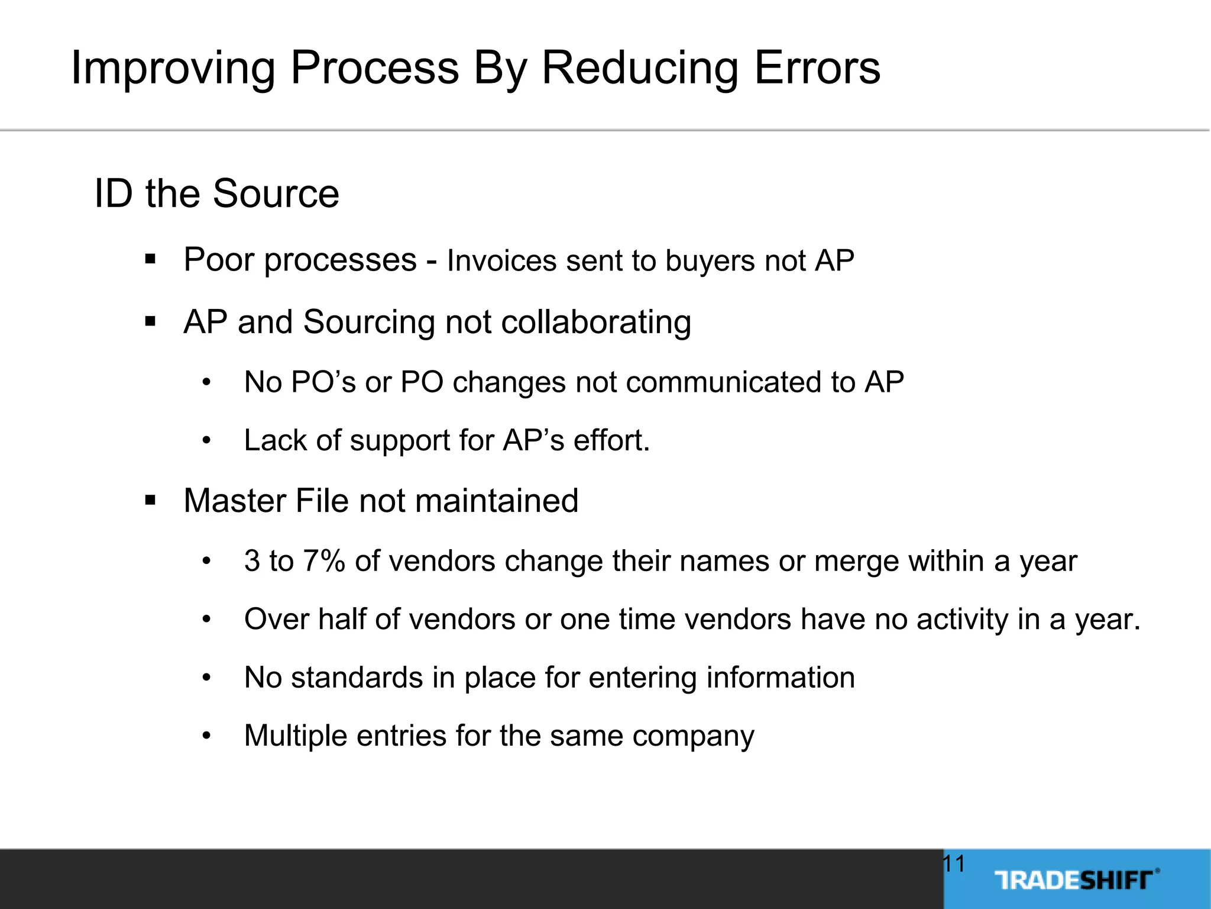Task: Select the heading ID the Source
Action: point(216,194)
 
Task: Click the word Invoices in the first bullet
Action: point(501,261)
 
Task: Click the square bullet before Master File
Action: point(150,501)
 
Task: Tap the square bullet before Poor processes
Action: point(150,259)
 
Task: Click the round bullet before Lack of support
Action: point(206,441)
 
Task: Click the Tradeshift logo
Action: point(1076,880)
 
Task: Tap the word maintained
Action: point(497,501)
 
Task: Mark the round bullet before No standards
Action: point(206,678)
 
